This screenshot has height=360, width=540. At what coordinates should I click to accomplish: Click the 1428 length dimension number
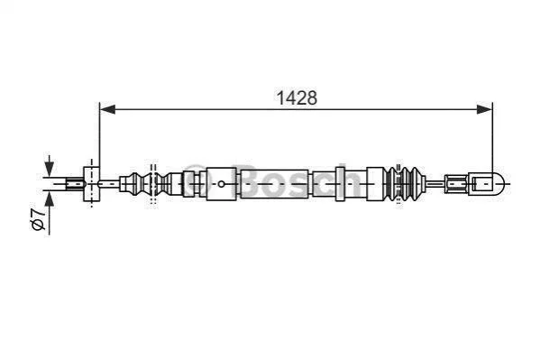[297, 98]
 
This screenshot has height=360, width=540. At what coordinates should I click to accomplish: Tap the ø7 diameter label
[39, 219]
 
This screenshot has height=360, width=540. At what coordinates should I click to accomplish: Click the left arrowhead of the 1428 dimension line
[107, 110]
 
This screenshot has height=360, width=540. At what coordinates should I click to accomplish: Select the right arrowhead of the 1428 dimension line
[484, 110]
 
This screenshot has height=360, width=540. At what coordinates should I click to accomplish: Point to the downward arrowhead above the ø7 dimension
[50, 169]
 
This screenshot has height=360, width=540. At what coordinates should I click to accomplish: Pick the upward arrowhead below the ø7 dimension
[50, 199]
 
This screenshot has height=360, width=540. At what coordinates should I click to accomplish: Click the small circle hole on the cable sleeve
[222, 184]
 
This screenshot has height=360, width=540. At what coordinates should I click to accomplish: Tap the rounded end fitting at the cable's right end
[488, 184]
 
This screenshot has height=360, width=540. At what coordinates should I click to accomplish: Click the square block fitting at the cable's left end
[92, 184]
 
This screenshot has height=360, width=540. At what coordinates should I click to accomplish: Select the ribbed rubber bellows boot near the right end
[404, 184]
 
